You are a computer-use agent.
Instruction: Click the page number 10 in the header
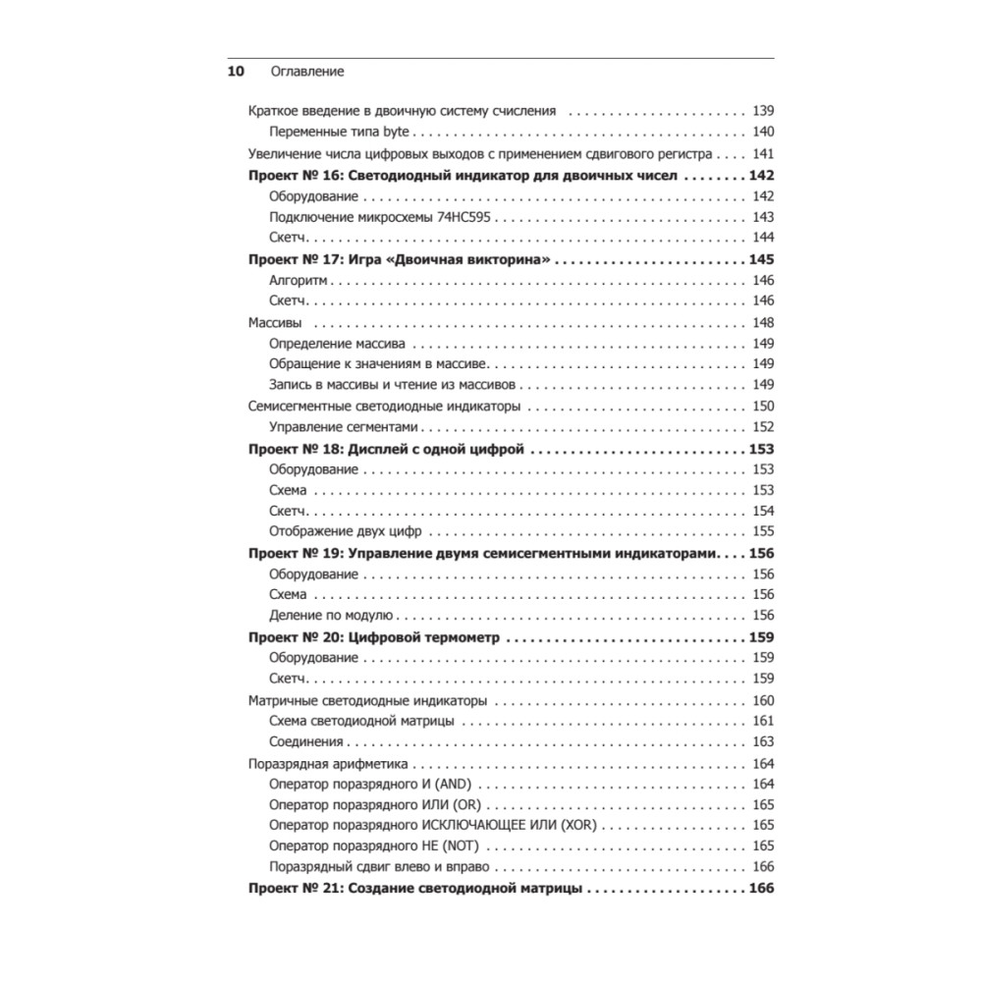pyautogui.click(x=236, y=72)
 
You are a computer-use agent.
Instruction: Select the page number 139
pyautogui.click(x=763, y=111)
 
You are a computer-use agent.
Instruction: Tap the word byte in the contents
pyautogui.click(x=399, y=133)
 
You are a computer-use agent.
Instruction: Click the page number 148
pyautogui.click(x=763, y=323)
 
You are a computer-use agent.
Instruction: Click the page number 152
pyautogui.click(x=763, y=427)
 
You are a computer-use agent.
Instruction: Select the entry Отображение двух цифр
pyautogui.click(x=344, y=531)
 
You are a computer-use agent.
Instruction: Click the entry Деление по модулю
pyautogui.click(x=330, y=616)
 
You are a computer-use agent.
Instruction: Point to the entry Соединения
pyautogui.click(x=305, y=741)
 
